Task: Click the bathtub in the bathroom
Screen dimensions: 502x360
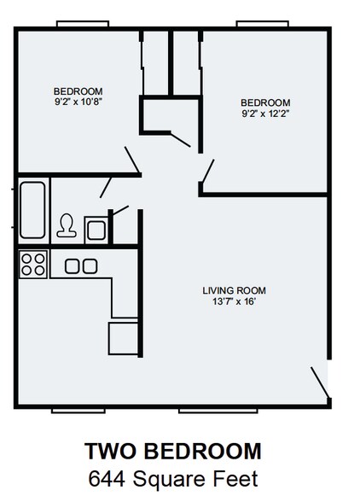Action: click(33, 210)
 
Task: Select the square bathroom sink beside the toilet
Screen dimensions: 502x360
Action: click(95, 228)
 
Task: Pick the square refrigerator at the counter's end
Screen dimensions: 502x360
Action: click(122, 336)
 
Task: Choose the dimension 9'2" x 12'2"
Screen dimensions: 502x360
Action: click(265, 113)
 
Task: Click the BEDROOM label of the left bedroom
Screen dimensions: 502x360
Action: click(78, 91)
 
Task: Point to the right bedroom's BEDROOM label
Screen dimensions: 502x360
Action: click(265, 102)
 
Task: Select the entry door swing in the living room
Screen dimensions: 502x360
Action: click(320, 381)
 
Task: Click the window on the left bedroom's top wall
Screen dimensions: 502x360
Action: click(82, 24)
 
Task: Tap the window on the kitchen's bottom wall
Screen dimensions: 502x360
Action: click(78, 409)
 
